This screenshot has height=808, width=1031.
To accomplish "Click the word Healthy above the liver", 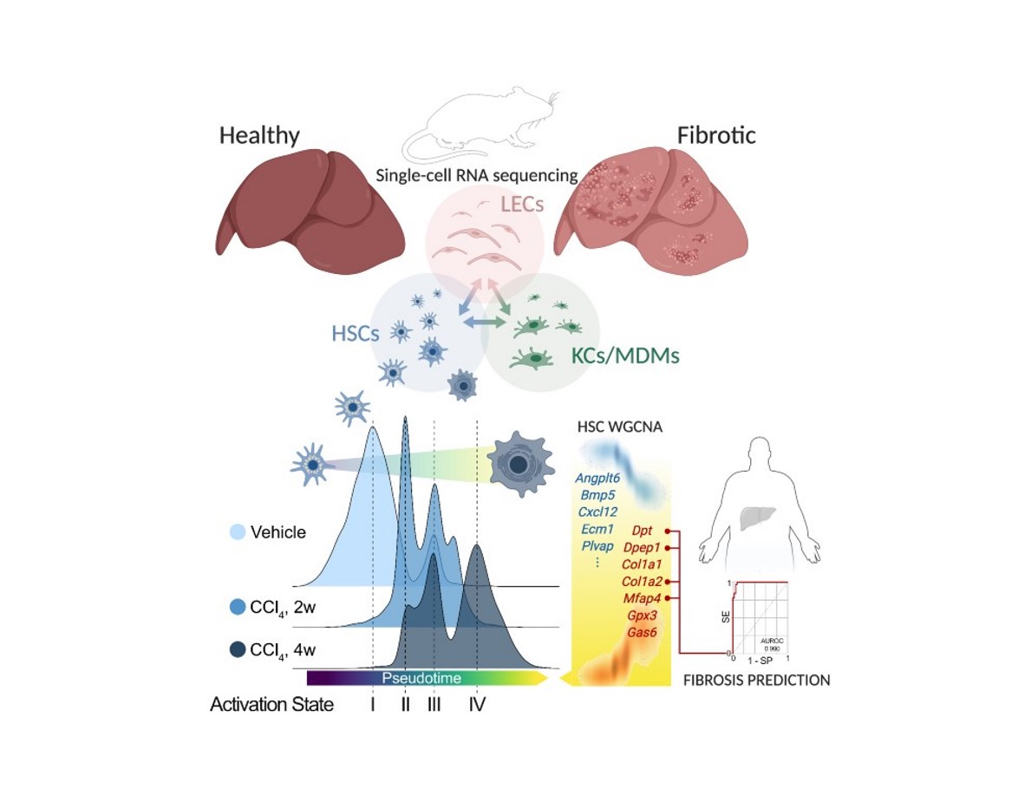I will pyautogui.click(x=258, y=136).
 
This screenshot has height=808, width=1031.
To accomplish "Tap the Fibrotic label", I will pyautogui.click(x=715, y=136).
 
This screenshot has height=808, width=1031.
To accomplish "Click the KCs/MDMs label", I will pyautogui.click(x=625, y=355).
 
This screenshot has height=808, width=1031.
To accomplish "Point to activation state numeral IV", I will pyautogui.click(x=477, y=705).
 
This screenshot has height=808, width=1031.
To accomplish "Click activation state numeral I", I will pyautogui.click(x=372, y=705).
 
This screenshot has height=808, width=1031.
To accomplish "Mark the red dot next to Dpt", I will pyautogui.click(x=668, y=531).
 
